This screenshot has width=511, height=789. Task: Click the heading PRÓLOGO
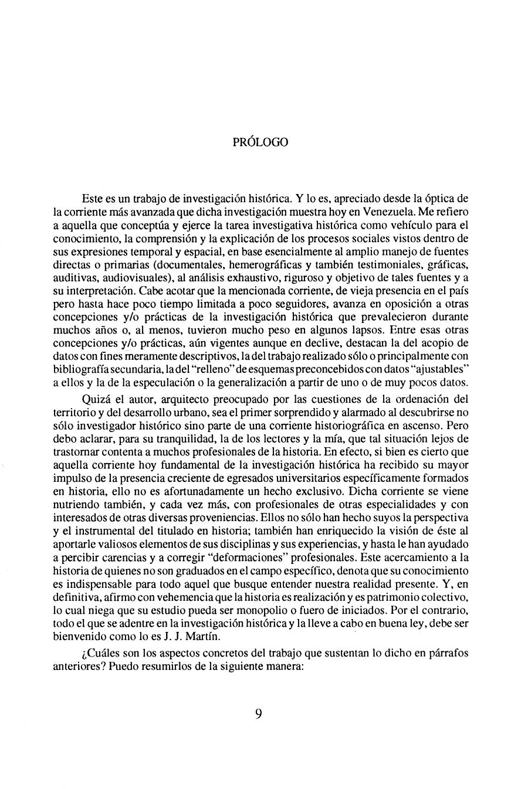[x=260, y=142]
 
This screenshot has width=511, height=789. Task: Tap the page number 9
[x=259, y=713]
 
